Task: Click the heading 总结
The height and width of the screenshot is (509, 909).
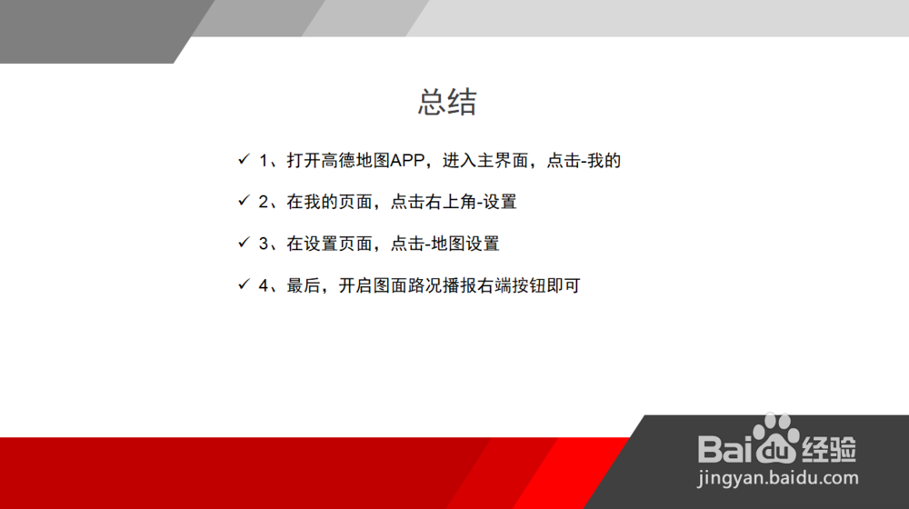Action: (x=447, y=102)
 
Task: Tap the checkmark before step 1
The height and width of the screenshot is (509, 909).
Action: (x=243, y=160)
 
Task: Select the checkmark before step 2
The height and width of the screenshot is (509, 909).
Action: (x=243, y=201)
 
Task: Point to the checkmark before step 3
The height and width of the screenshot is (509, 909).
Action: (x=243, y=243)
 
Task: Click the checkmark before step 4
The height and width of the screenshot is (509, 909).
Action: (x=243, y=284)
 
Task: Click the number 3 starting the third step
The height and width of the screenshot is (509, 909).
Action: (x=264, y=244)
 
